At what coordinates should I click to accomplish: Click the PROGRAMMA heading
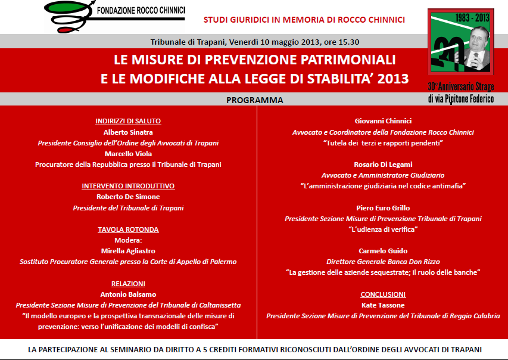[254, 100]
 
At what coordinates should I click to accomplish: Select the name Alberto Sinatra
[128, 132]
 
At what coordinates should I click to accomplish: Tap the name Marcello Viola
[128, 153]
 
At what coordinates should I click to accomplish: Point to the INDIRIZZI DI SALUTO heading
[128, 121]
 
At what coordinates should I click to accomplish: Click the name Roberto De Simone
[128, 197]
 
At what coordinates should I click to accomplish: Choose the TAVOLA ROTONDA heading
[128, 229]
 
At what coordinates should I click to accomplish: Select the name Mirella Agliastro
[128, 251]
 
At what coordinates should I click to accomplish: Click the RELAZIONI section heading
[128, 284]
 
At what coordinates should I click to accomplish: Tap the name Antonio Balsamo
[128, 294]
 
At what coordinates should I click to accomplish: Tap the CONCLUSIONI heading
[383, 294]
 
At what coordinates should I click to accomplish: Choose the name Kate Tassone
[383, 305]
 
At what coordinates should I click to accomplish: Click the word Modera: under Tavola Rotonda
[128, 240]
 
